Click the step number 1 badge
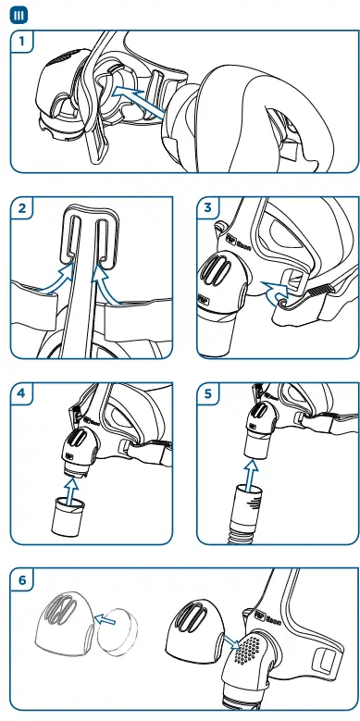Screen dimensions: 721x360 pyautogui.click(x=23, y=42)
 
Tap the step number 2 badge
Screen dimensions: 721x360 pyautogui.click(x=22, y=209)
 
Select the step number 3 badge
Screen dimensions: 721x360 pyautogui.click(x=210, y=209)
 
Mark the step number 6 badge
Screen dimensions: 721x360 pyautogui.click(x=23, y=579)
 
